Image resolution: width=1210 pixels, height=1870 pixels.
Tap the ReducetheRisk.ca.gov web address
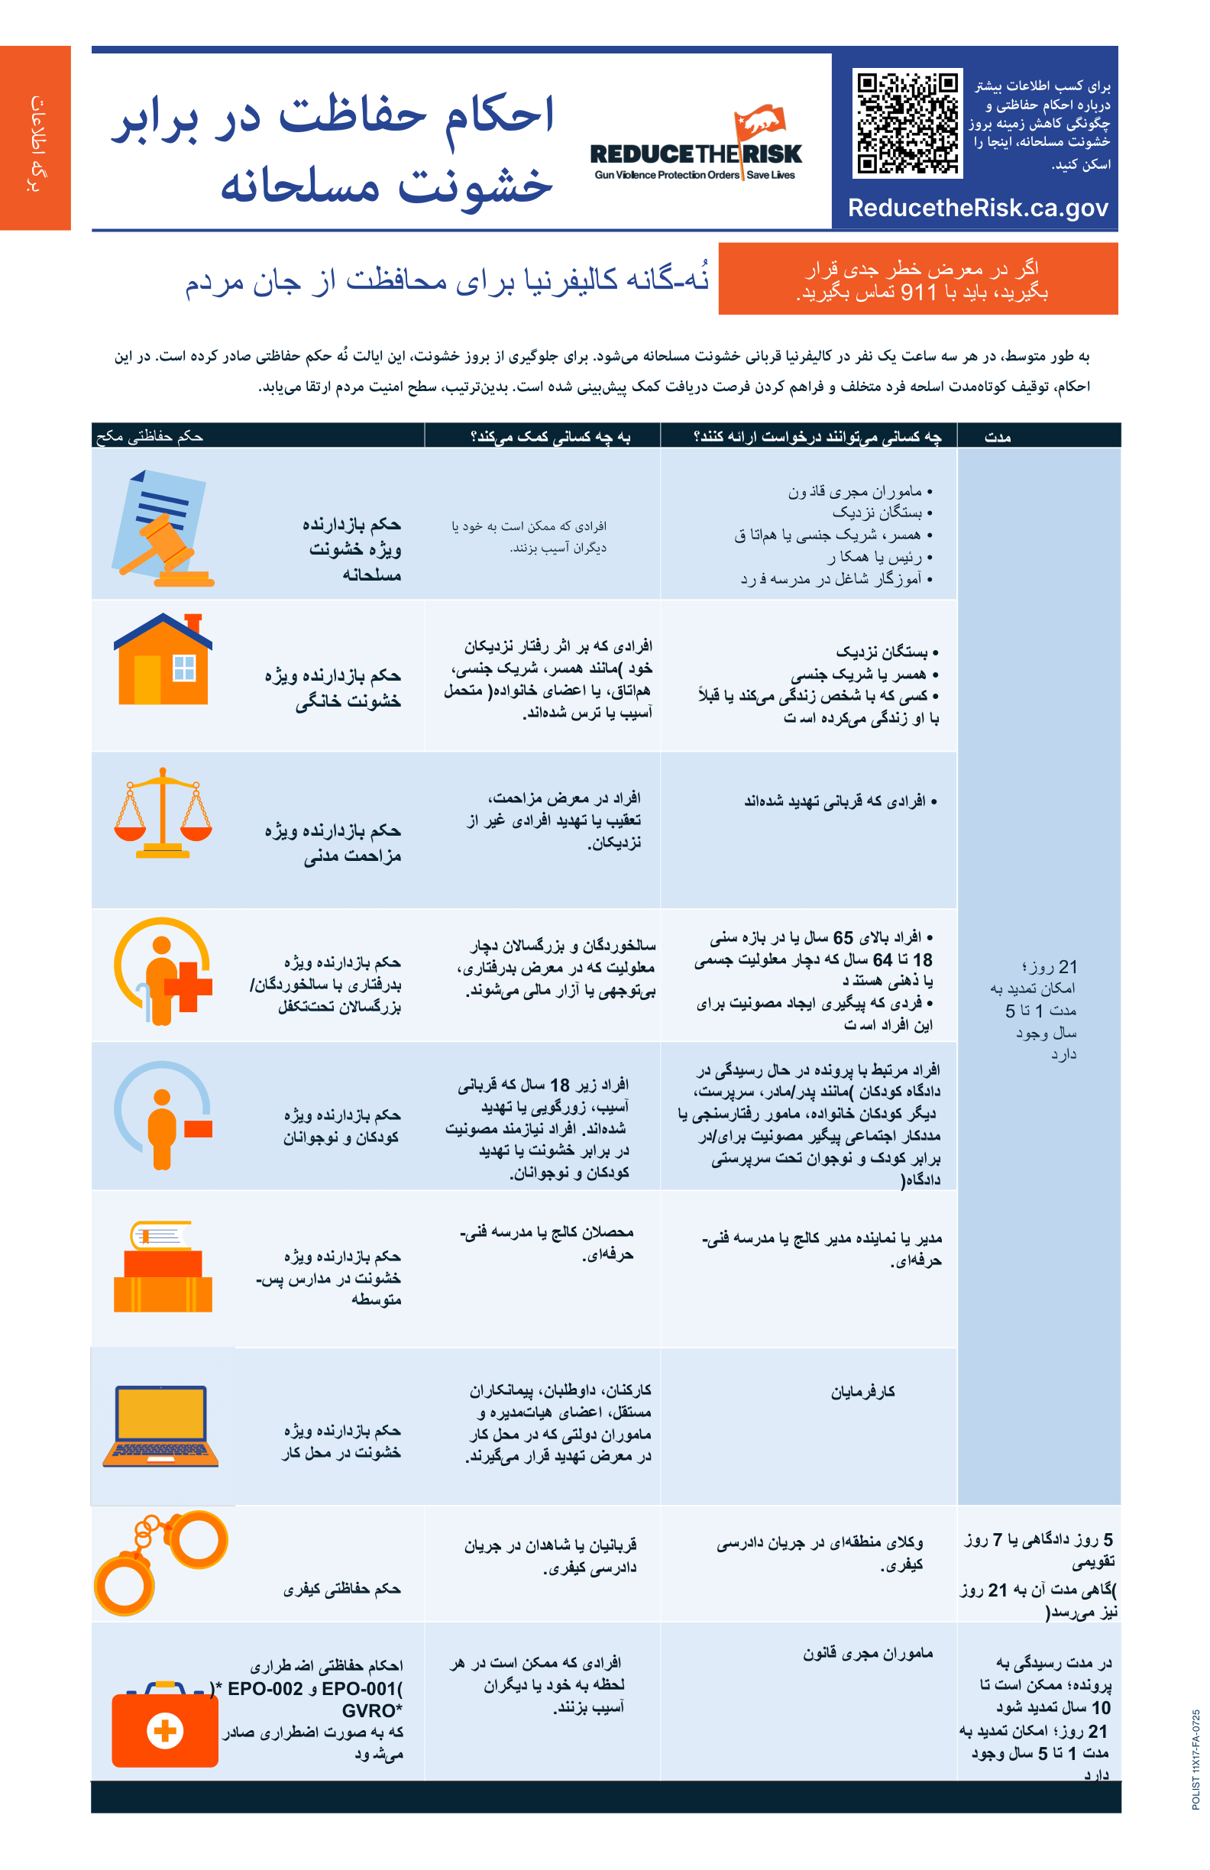(978, 209)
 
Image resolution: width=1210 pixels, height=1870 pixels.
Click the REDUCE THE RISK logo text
(695, 154)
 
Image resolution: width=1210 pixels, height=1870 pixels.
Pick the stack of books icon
(163, 1267)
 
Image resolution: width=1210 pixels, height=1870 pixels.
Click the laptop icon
(160, 1426)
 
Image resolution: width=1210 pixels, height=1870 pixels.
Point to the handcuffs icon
(160, 1561)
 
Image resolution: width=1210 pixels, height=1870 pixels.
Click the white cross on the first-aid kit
(165, 1730)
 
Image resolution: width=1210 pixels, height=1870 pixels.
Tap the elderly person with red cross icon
(163, 972)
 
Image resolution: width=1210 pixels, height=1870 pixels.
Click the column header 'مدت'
(997, 437)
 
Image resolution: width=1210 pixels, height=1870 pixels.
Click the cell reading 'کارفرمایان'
(862, 1393)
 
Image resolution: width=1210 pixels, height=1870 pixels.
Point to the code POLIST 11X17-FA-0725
(1195, 1759)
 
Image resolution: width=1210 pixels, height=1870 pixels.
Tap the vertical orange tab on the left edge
(35, 138)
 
